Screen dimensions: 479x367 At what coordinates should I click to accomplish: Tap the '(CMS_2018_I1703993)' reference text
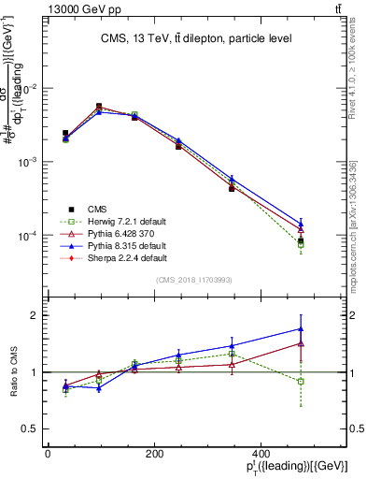(194, 280)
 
